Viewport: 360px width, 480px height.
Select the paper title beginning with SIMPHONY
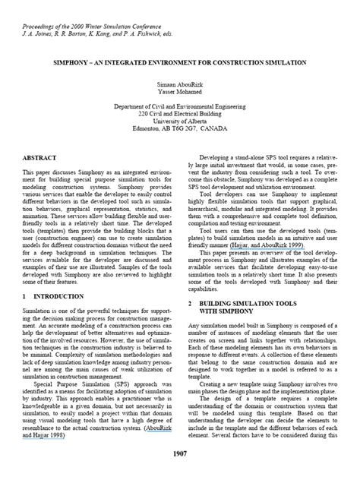coord(179,62)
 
